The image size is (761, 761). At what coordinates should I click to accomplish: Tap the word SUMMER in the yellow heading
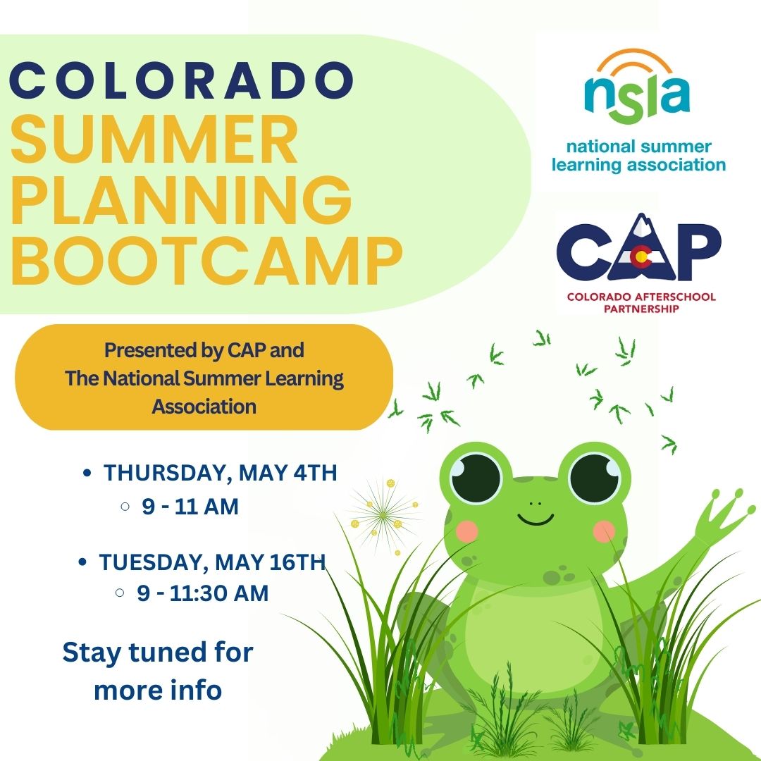[x=154, y=142]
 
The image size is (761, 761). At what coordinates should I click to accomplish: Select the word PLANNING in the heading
[x=182, y=201]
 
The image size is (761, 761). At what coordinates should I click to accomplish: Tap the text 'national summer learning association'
[x=638, y=156]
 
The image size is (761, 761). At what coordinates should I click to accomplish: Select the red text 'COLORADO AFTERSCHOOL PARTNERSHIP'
[x=641, y=302]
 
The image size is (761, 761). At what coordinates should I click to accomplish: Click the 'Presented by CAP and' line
[x=204, y=349]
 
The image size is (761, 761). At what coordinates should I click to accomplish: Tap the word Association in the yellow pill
[x=204, y=407]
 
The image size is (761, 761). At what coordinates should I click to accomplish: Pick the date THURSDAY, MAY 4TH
[x=221, y=473]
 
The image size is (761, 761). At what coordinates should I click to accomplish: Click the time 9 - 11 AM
[x=190, y=506]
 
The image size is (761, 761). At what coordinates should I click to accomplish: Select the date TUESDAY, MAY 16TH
[x=212, y=562]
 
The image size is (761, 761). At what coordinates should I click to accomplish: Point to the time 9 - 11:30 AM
[x=203, y=593]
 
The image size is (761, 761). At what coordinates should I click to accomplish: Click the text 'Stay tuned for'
[x=158, y=652]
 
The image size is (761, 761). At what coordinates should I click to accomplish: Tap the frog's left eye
[x=476, y=478]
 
